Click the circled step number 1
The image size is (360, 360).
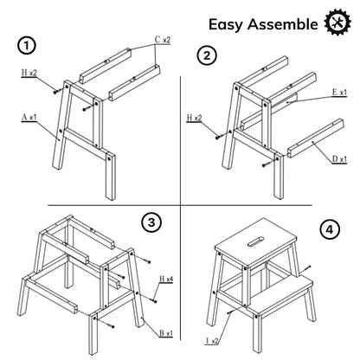27,46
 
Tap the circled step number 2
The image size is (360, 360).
207,55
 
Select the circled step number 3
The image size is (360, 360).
151,222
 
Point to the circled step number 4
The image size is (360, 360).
330,230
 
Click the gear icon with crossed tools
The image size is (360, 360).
337,22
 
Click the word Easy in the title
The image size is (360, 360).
226,24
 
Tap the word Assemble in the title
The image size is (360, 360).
283,23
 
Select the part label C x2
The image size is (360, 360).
163,40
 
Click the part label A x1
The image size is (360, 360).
29,118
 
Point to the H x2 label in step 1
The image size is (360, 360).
29,73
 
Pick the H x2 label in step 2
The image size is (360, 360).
194,118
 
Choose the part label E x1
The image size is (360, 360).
339,93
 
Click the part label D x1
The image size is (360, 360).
339,159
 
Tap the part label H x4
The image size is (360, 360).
166,279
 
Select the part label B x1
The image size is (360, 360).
166,333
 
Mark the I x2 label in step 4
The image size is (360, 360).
212,341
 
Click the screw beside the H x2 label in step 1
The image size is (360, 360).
55,92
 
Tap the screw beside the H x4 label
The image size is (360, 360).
154,301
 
